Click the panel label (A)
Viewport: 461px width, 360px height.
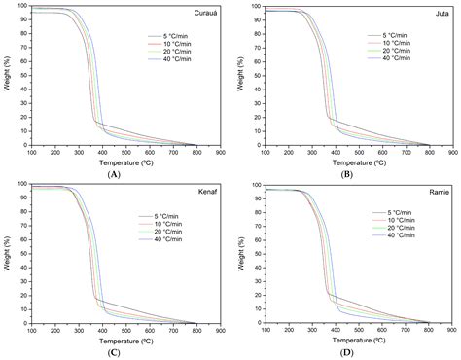(115, 172)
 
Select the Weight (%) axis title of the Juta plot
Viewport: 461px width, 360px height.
(239, 76)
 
